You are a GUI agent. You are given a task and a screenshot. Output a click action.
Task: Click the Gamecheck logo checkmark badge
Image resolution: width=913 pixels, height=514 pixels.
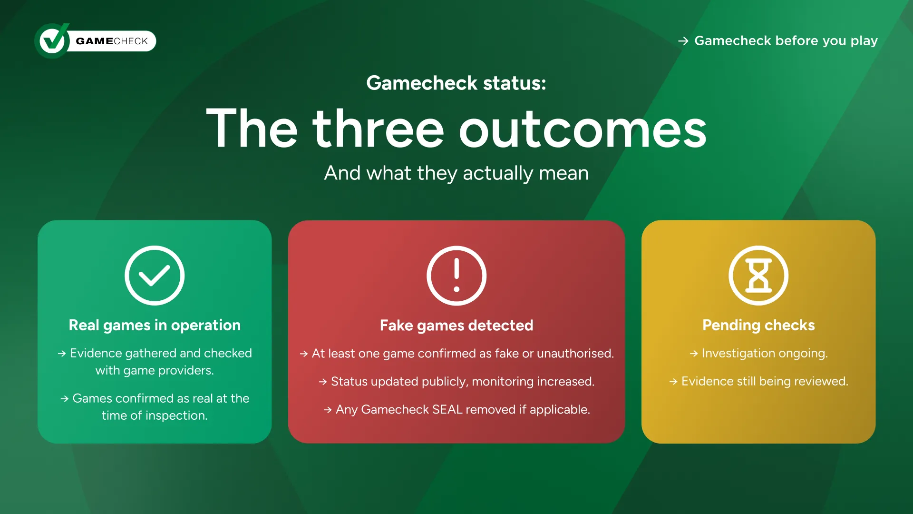[52, 41]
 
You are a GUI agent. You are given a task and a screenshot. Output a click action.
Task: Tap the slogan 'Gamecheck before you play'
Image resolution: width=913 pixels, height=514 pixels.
[786, 41]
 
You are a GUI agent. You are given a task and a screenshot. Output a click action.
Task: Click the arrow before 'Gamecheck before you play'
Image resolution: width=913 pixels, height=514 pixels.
[683, 41]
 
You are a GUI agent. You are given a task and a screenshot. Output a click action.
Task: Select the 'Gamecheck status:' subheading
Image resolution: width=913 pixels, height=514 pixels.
[456, 83]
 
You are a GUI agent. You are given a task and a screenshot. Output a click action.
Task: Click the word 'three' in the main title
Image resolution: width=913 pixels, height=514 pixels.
[378, 128]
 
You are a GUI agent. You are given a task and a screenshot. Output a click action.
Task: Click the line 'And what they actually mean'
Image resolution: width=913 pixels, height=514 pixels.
[456, 173]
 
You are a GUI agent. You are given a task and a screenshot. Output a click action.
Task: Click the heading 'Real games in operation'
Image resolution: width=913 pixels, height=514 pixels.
[155, 325]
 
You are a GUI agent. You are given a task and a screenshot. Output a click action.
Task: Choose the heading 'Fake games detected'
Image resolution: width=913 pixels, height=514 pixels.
[456, 326]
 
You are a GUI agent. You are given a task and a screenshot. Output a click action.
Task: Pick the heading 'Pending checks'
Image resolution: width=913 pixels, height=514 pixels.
[758, 325]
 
